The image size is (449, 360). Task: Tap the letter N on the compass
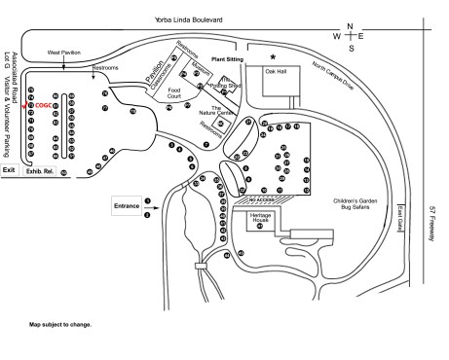coord(351,27)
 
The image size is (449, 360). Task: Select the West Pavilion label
coord(64,52)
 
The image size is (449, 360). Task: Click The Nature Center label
coord(223,111)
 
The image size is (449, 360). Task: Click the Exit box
coord(10,170)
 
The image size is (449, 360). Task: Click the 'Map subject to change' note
coord(59,324)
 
